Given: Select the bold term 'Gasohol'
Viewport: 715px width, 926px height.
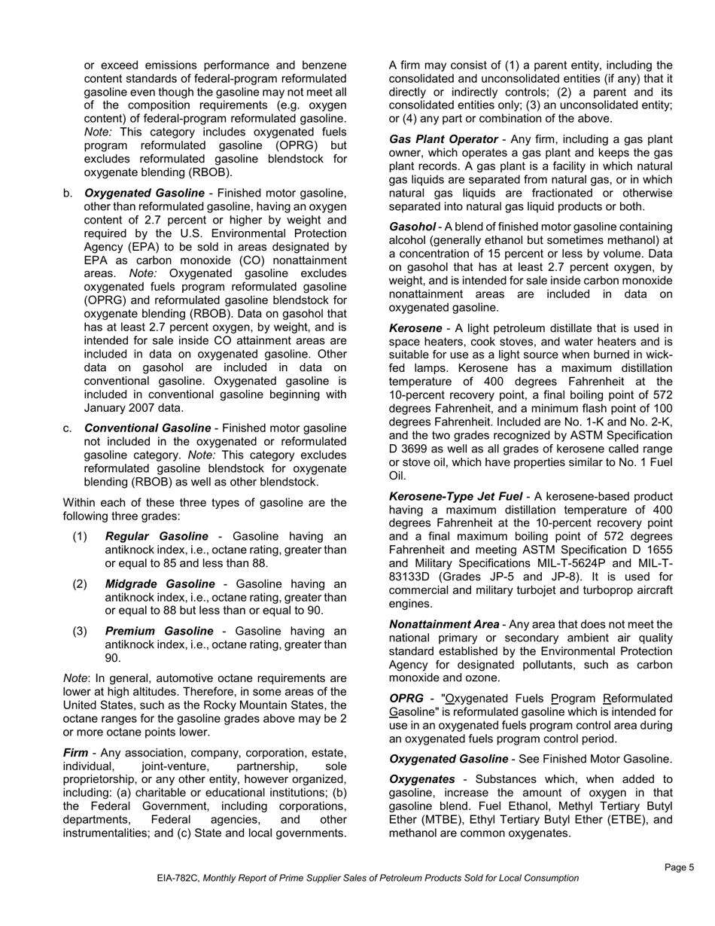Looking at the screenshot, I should click(412, 227).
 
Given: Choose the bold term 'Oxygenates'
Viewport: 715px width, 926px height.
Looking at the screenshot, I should click(421, 779).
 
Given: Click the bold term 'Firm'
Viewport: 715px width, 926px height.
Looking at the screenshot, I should click(75, 753).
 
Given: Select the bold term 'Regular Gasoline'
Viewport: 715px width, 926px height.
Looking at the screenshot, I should click(157, 536).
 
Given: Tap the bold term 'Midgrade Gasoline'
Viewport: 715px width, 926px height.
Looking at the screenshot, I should click(160, 583).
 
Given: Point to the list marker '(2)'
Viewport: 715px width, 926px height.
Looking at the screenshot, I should click(81, 583).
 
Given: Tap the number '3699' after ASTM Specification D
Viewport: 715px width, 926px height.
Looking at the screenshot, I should click(415, 449).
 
